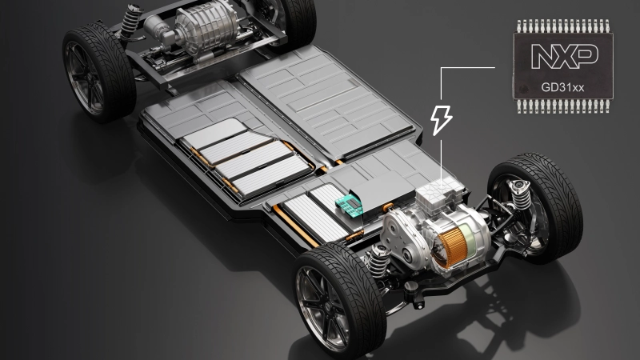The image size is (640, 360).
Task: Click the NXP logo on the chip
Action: [x=565, y=56]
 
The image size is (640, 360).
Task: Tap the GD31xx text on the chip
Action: [x=562, y=87]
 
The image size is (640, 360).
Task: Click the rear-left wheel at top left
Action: [x=98, y=72]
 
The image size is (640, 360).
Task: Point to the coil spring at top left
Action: [x=130, y=22]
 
